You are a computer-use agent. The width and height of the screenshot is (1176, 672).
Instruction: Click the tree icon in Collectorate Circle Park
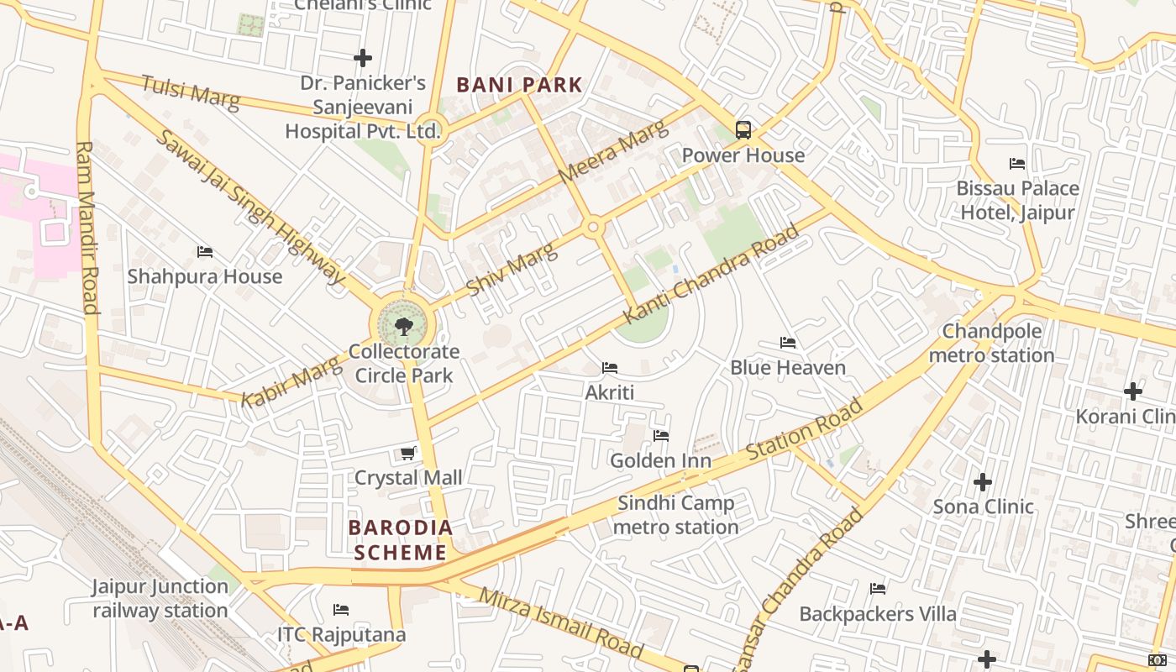(x=403, y=325)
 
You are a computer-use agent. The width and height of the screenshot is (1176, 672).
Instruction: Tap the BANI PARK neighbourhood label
(x=519, y=85)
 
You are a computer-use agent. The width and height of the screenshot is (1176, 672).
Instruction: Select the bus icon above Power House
(x=743, y=129)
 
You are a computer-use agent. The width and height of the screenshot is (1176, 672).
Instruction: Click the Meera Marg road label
(x=613, y=152)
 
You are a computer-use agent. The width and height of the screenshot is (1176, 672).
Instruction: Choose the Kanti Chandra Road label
(x=711, y=274)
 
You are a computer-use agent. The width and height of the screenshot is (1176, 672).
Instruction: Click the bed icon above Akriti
(x=610, y=368)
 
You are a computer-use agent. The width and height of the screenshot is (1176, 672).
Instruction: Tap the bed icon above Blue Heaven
(x=787, y=343)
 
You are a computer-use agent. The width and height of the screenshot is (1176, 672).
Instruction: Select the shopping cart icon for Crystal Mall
(x=408, y=454)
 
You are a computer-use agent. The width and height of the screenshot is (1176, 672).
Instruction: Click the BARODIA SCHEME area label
(x=401, y=540)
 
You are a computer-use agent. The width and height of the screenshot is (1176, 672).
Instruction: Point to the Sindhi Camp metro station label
(x=676, y=515)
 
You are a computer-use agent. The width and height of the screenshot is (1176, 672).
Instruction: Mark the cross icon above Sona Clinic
(x=983, y=482)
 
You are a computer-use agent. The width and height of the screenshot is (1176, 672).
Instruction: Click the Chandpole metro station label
(x=992, y=343)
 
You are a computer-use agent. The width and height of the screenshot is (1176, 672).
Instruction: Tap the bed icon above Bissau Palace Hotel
(x=1017, y=163)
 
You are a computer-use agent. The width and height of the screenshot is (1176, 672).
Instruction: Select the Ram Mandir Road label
(x=87, y=227)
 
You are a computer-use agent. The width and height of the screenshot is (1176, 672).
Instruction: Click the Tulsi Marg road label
(x=191, y=92)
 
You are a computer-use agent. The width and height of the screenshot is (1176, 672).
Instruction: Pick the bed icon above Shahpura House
(x=204, y=251)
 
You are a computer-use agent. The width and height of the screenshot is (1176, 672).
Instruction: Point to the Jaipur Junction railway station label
(x=160, y=598)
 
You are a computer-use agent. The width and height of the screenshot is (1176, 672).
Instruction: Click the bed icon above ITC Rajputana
(x=341, y=609)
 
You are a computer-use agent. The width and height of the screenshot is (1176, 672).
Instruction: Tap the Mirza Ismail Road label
(x=561, y=622)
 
